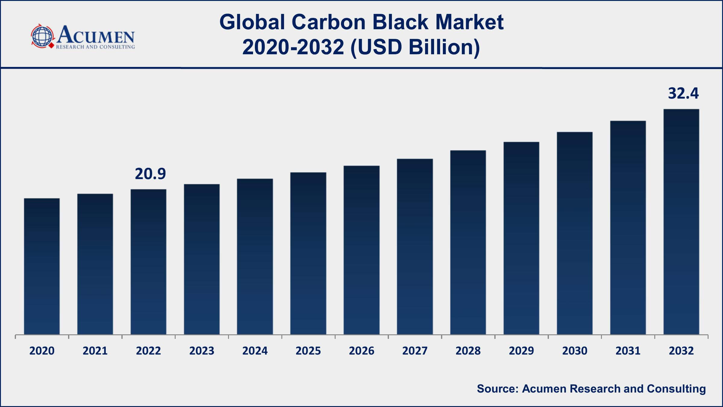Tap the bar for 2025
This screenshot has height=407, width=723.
tap(308, 253)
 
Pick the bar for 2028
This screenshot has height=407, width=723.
tap(468, 242)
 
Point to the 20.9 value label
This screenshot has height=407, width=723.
tap(150, 174)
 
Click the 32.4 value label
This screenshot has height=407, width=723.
tap(683, 93)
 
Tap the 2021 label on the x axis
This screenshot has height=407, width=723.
tap(95, 351)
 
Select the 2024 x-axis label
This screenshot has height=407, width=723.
tap(255, 351)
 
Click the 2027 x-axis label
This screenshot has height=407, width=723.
tap(415, 351)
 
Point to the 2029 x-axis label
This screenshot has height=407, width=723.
tap(521, 351)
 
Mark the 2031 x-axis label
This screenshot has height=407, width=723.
tap(628, 351)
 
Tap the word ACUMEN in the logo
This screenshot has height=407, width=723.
tap(96, 35)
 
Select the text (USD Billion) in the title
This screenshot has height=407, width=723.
tap(415, 48)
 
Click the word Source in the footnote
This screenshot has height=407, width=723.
tap(497, 389)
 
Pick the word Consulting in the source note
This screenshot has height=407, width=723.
tap(676, 389)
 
